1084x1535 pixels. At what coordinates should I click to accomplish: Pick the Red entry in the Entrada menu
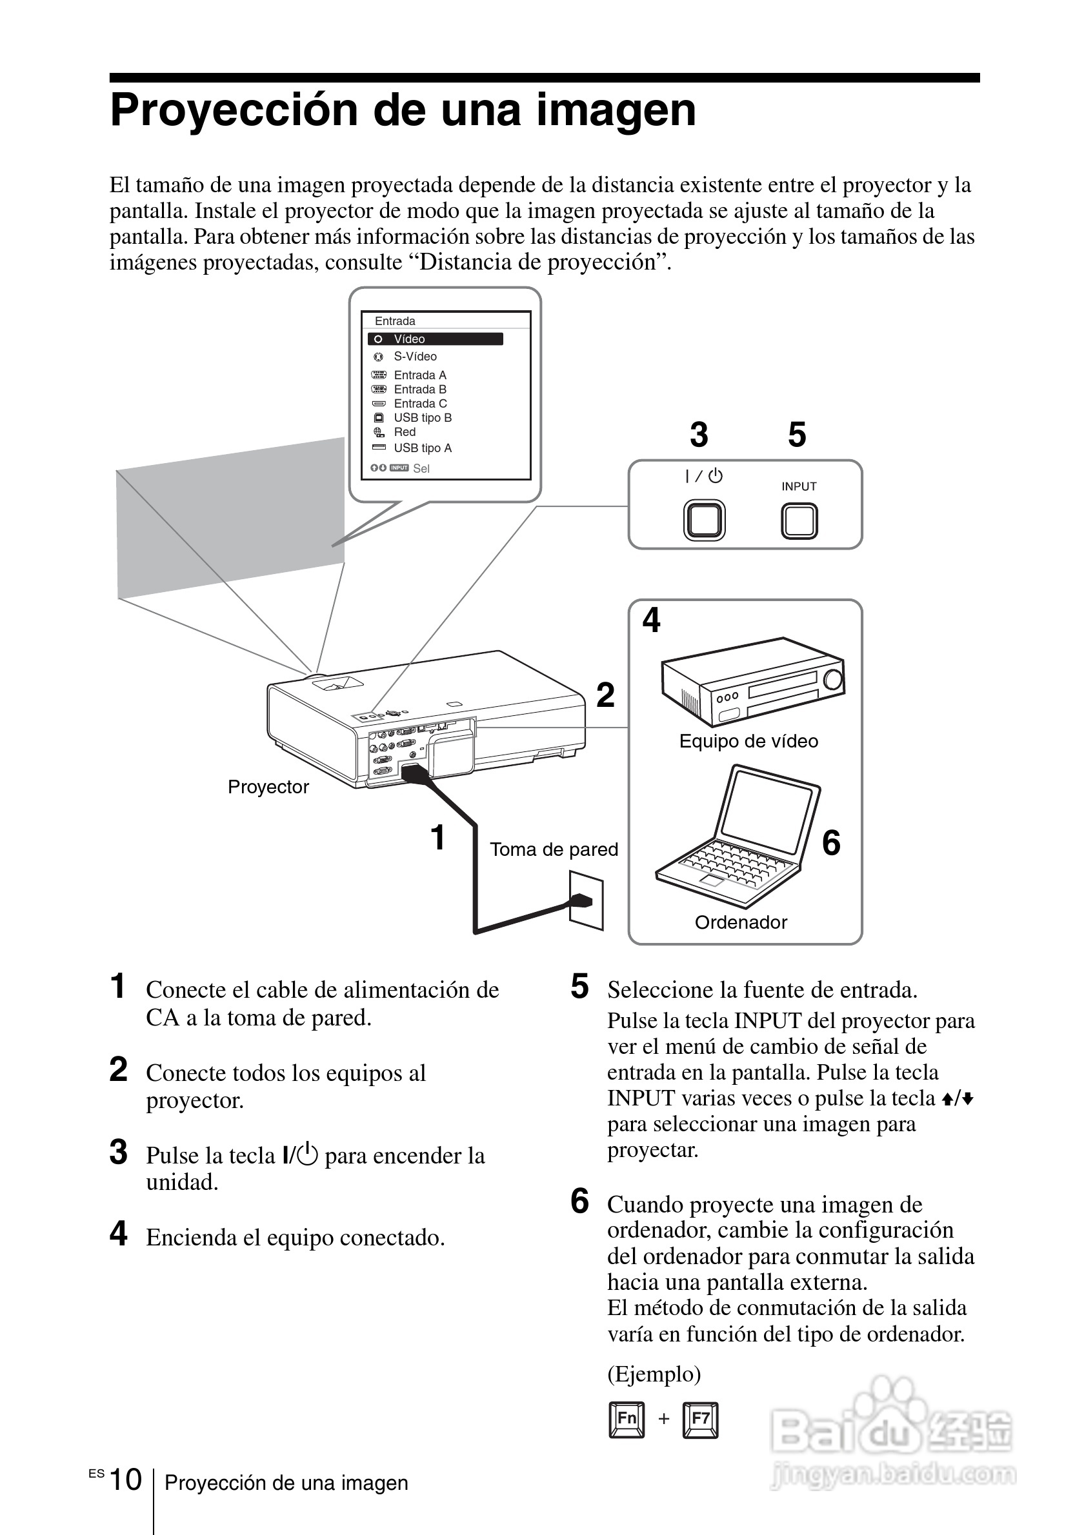(405, 433)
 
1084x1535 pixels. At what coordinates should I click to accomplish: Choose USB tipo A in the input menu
(422, 449)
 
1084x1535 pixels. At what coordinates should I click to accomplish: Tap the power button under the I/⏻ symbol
(704, 520)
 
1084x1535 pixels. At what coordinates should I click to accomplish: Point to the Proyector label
(268, 787)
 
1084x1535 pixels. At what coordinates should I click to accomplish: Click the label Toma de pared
(554, 850)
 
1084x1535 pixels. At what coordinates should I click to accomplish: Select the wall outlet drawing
(586, 900)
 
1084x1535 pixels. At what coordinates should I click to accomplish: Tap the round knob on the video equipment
(833, 679)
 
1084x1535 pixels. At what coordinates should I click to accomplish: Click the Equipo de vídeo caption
(748, 742)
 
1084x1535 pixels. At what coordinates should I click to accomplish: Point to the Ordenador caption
(741, 922)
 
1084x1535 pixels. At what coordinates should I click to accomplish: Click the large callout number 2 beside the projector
(605, 695)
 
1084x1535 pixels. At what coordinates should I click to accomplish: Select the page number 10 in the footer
(125, 1480)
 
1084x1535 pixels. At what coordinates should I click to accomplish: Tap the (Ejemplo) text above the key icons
(654, 1374)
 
